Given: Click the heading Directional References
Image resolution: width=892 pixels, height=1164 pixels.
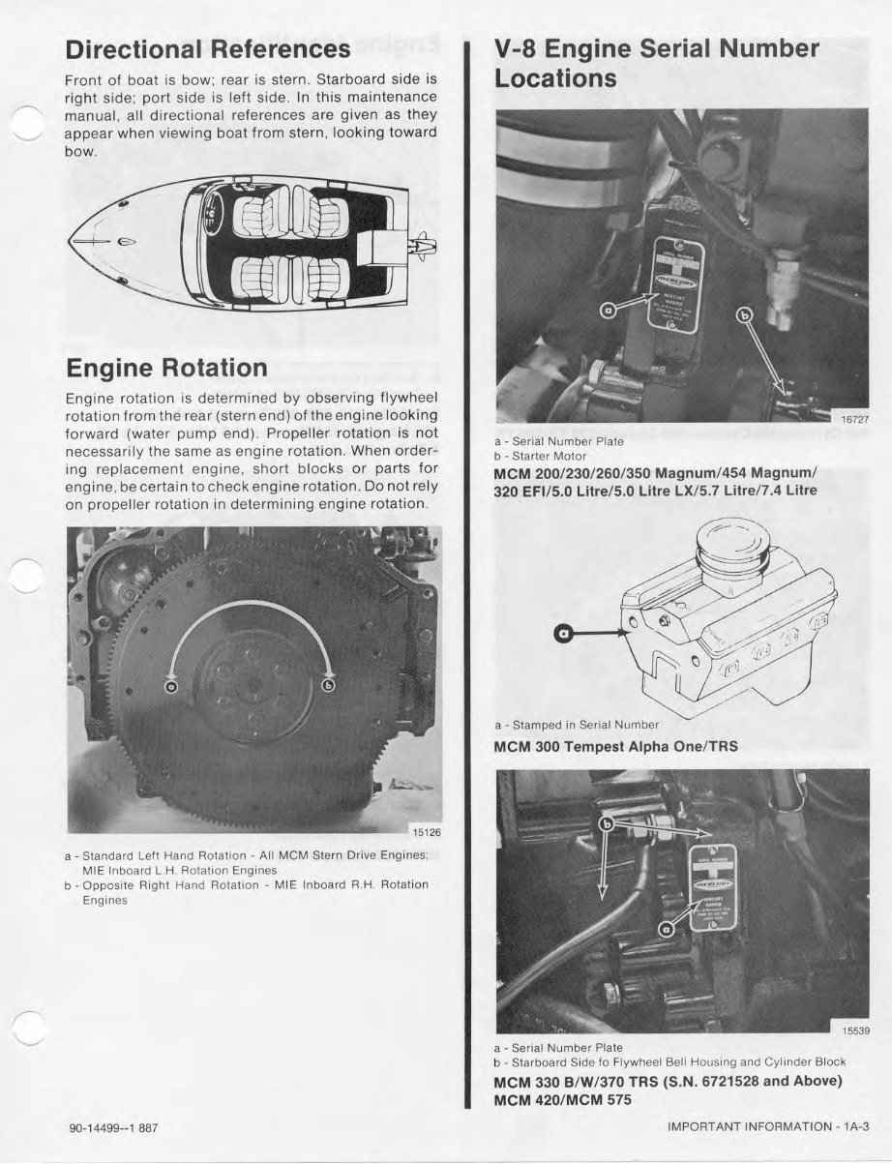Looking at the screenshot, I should point(206,48).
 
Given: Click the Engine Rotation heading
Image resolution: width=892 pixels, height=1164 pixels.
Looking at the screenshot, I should point(165,368).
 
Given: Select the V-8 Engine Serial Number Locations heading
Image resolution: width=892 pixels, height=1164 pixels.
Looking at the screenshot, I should point(657,63).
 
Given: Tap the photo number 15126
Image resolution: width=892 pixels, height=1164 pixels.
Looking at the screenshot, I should point(427,830).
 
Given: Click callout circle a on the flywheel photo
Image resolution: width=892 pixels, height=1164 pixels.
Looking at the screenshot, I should point(171,686).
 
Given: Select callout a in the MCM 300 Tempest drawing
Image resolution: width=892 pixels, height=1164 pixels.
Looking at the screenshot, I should point(564,634).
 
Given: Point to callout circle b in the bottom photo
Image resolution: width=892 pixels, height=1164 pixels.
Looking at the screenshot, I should point(608,825).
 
